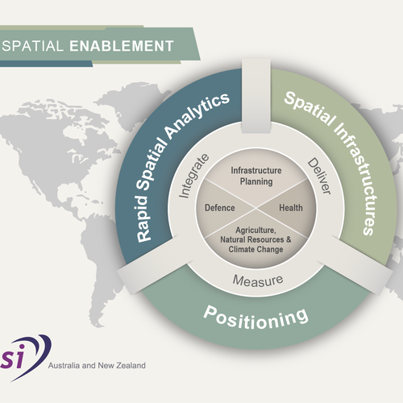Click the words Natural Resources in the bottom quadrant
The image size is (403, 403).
click(x=241, y=240)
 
